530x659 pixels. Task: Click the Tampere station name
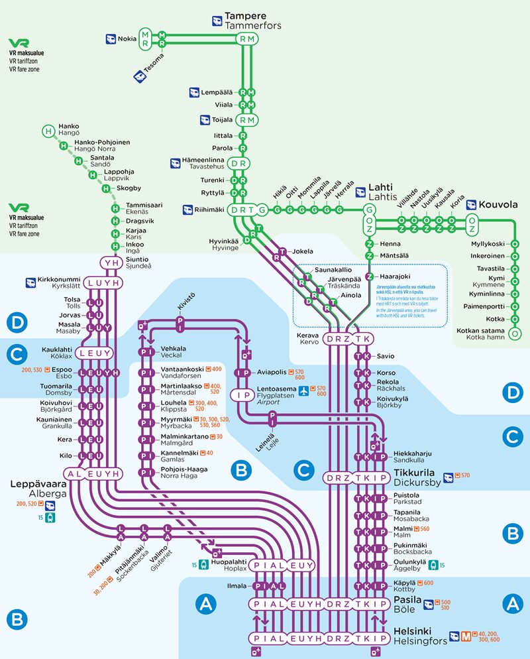coord(245,16)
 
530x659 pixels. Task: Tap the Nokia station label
coord(127,39)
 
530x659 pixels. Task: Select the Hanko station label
coord(69,126)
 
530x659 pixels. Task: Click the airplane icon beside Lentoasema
coord(304,390)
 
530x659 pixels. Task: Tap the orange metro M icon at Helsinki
coord(468,636)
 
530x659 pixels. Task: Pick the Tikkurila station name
coord(421,473)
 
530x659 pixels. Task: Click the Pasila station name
coord(409,599)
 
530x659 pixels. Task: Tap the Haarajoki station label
coord(396,276)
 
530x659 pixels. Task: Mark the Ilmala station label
coord(236,585)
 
